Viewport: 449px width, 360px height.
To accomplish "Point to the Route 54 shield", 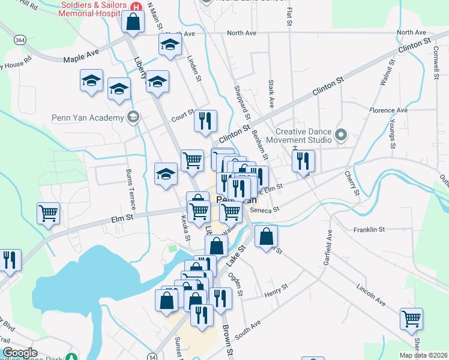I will click(154, 356).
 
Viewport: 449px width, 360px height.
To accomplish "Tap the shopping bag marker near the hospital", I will click(133, 22).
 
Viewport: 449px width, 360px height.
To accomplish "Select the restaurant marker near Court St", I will click(205, 121).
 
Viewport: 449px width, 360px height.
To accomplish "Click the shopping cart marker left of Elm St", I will click(49, 212).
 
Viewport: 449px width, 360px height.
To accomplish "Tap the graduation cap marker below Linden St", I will click(158, 82).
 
